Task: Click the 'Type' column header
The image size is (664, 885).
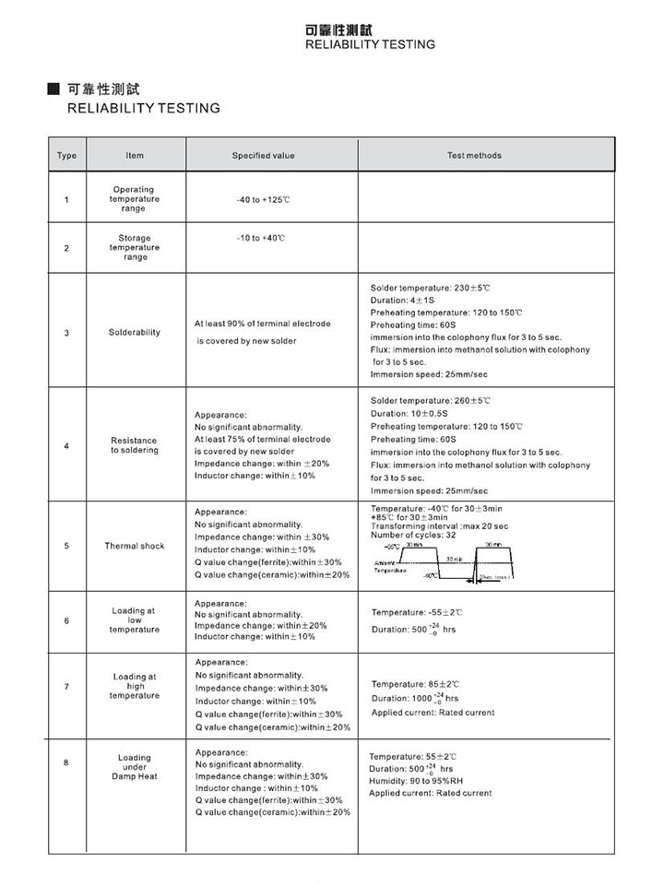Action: (66, 155)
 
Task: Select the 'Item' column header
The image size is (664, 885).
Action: (135, 155)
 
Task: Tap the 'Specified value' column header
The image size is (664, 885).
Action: (263, 155)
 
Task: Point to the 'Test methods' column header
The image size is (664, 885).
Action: (474, 155)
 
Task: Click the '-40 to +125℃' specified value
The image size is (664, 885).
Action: (263, 199)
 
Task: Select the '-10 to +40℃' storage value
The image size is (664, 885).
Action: (261, 238)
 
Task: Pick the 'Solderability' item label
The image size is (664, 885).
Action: (135, 332)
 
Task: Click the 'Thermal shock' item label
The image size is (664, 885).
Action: (135, 546)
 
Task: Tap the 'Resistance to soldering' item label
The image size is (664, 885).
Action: (135, 445)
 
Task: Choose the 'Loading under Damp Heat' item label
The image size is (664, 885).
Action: (135, 766)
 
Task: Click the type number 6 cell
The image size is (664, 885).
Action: (66, 620)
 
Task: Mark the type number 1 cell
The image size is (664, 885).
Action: (66, 199)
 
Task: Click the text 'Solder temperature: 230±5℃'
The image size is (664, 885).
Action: (430, 288)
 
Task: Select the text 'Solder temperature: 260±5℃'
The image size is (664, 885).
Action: (430, 400)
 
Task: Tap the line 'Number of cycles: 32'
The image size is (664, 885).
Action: (413, 535)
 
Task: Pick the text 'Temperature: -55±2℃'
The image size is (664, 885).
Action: (417, 612)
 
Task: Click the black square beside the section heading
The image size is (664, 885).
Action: (54, 89)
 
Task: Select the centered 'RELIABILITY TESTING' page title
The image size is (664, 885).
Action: (370, 44)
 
